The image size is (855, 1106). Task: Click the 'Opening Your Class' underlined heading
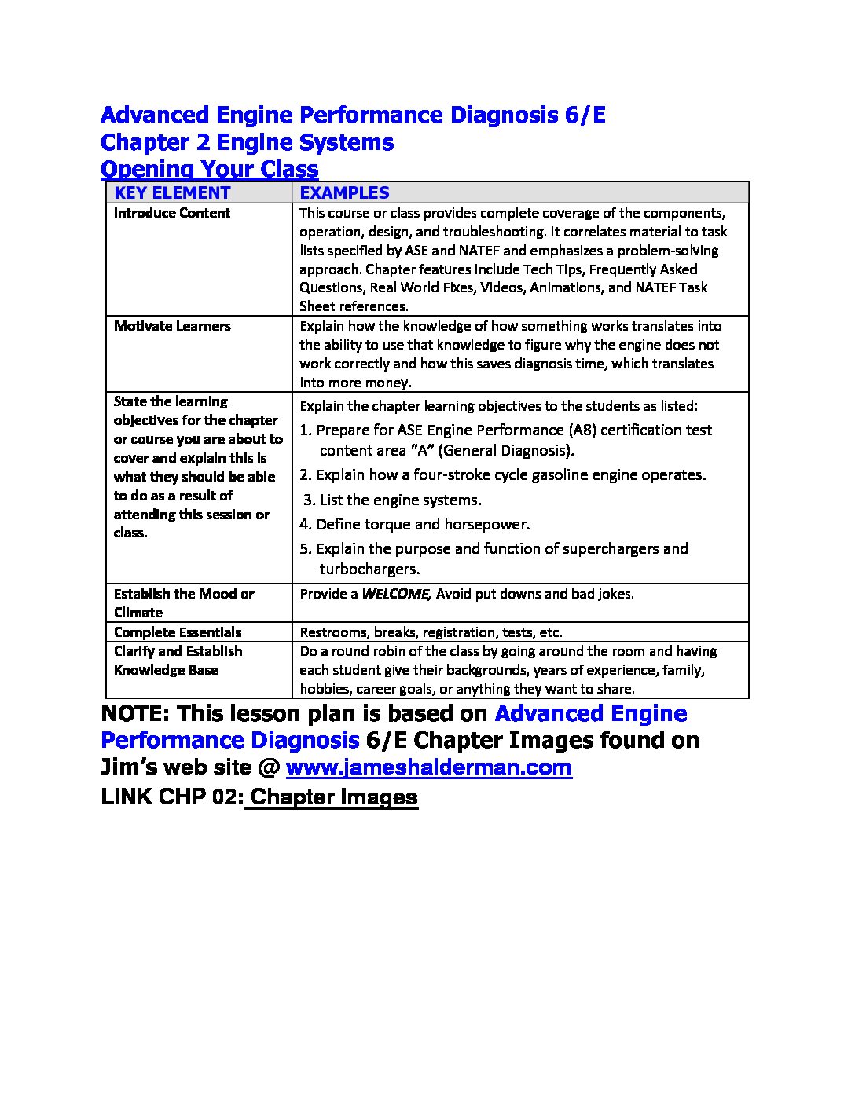210,169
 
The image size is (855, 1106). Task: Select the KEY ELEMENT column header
172,192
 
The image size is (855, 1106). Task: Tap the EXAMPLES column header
344,192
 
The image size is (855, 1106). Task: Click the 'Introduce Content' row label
172,213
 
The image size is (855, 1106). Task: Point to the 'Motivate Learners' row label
172,326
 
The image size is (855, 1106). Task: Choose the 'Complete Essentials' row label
178,632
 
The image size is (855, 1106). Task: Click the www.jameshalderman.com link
428,767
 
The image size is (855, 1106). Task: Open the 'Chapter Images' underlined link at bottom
333,797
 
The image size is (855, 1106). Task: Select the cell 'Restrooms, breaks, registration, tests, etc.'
431,632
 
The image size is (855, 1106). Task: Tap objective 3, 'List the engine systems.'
393,500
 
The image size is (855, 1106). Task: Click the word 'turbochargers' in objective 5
369,569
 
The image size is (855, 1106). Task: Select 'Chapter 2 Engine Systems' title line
248,142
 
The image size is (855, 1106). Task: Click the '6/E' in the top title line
585,115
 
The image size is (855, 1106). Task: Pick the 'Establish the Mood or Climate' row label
184,602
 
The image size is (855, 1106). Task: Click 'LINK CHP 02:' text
172,797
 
